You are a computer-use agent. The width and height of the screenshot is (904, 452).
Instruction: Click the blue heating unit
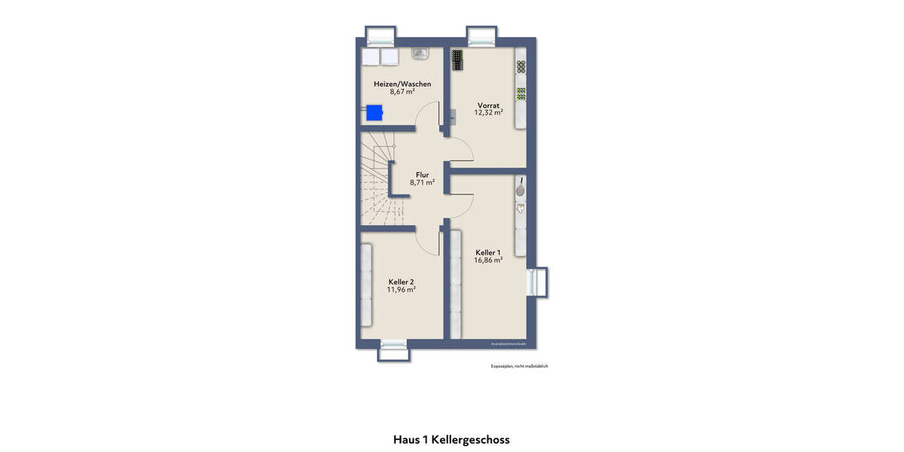[x=374, y=113]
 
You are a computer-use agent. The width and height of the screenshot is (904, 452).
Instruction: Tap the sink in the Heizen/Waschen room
[x=420, y=53]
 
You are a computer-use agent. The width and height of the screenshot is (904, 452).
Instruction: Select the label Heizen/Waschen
[x=402, y=84]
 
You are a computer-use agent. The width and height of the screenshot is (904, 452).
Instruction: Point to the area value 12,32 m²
[x=488, y=112]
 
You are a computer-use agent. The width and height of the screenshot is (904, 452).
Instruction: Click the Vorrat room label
[x=488, y=105]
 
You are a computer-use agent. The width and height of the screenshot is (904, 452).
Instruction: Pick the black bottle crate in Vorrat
[x=457, y=60]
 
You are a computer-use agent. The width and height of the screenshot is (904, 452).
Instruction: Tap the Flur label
[x=422, y=175]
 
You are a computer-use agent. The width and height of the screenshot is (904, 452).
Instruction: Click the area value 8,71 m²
[x=422, y=182]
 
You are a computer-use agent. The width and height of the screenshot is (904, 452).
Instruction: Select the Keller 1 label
[x=488, y=252]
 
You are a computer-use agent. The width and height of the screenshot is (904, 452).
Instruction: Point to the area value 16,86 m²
[x=488, y=260]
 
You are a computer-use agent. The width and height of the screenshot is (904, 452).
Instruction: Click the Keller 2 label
[x=402, y=281]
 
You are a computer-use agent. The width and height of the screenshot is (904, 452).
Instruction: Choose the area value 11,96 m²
[x=402, y=289]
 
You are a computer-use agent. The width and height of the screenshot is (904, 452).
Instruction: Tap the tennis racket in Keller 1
[x=520, y=189]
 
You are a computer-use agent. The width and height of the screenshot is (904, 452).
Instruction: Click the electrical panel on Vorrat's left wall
[x=453, y=116]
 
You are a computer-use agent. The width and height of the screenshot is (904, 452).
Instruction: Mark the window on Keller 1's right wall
[x=538, y=282]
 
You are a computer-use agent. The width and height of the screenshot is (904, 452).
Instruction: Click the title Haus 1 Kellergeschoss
[x=451, y=439]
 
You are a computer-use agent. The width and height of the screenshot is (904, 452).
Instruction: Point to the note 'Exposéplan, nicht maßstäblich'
[x=519, y=366]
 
